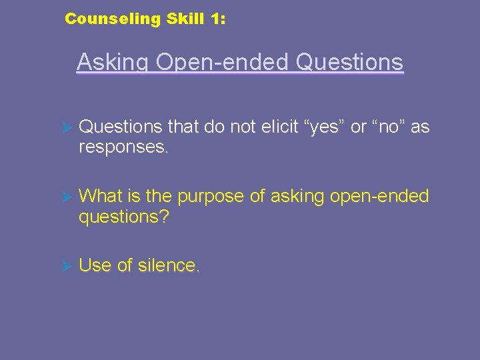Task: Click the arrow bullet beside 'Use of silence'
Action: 65,265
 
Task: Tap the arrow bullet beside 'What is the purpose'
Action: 65,196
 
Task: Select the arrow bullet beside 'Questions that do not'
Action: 65,127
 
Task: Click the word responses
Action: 124,146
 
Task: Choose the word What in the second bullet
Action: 99,196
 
